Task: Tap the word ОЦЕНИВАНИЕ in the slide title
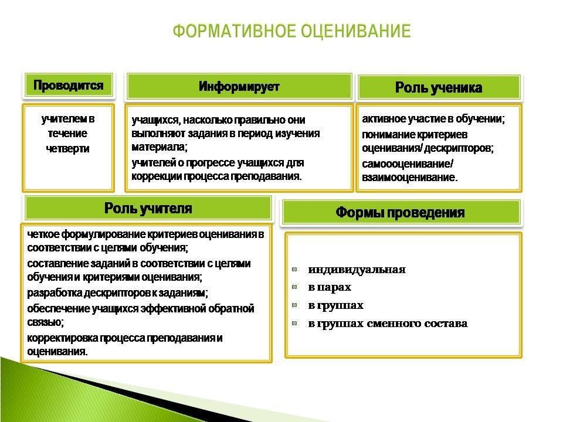tap(356, 31)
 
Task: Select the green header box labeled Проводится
tap(69, 86)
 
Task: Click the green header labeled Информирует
tap(239, 87)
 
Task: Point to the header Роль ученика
tap(439, 87)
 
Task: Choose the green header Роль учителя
tap(148, 208)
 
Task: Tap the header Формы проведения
tap(401, 212)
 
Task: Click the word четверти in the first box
tap(68, 148)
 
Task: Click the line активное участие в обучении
tap(433, 119)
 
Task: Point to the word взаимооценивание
tap(409, 177)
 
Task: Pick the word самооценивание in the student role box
tap(406, 164)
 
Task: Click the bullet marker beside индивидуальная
tap(295, 269)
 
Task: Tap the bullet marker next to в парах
tap(295, 287)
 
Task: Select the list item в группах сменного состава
tap(388, 324)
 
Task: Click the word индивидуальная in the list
tap(357, 270)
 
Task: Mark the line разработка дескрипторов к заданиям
tap(117, 293)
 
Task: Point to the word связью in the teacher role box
tap(45, 322)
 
